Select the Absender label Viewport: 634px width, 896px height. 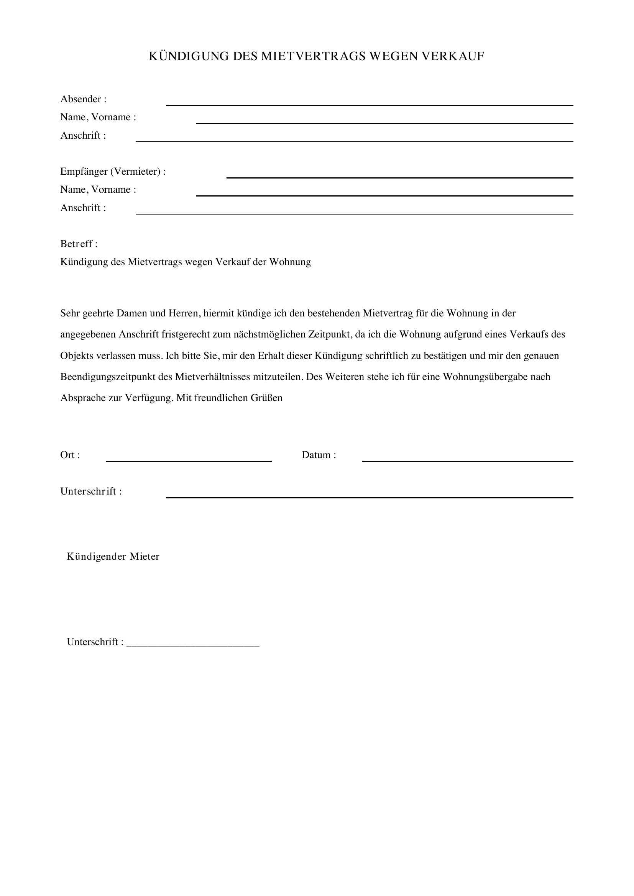[x=83, y=99]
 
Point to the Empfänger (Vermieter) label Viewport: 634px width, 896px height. [x=113, y=171]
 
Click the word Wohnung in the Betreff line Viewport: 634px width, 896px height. [x=290, y=262]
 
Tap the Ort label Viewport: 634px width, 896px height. [x=70, y=455]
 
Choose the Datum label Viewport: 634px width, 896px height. [x=319, y=455]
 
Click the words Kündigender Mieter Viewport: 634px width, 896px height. [x=113, y=557]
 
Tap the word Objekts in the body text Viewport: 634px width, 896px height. [x=77, y=356]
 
